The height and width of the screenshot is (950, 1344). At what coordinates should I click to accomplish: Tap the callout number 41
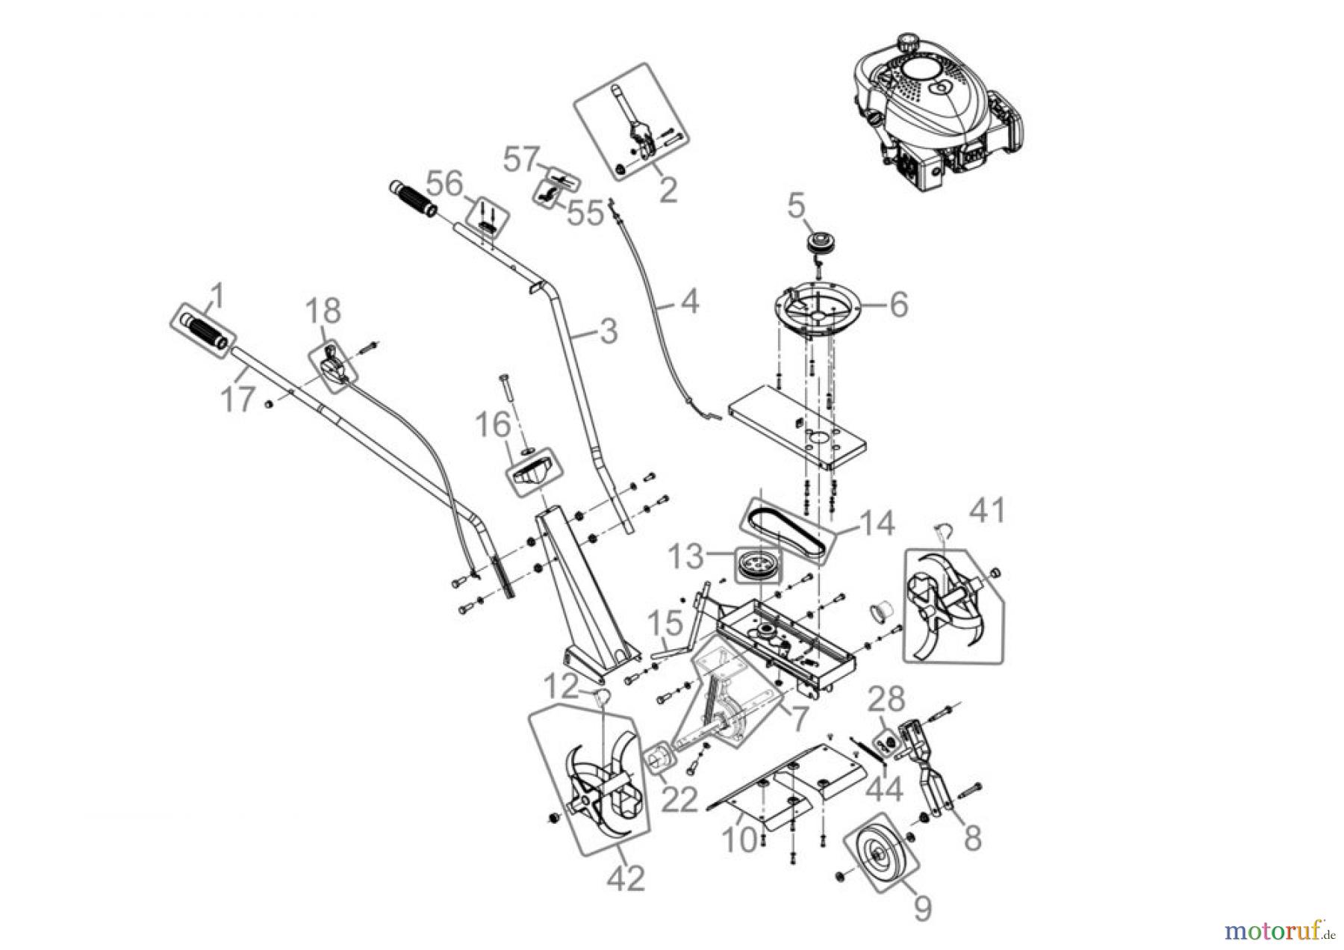click(x=987, y=512)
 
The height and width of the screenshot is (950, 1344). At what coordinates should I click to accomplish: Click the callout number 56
click(x=447, y=184)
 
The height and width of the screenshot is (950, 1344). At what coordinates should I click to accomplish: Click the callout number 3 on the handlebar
click(x=609, y=331)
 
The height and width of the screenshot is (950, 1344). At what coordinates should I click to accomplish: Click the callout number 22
click(x=679, y=799)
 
